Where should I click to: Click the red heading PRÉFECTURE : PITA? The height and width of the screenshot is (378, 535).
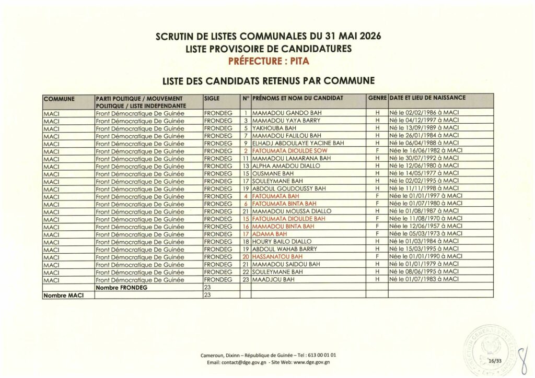(269, 61)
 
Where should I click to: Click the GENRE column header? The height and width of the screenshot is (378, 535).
(377, 98)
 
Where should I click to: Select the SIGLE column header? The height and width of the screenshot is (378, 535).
(213, 98)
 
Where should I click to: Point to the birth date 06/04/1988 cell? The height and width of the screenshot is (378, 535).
(424, 143)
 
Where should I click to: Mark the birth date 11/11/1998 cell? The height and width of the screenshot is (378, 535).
(424, 188)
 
